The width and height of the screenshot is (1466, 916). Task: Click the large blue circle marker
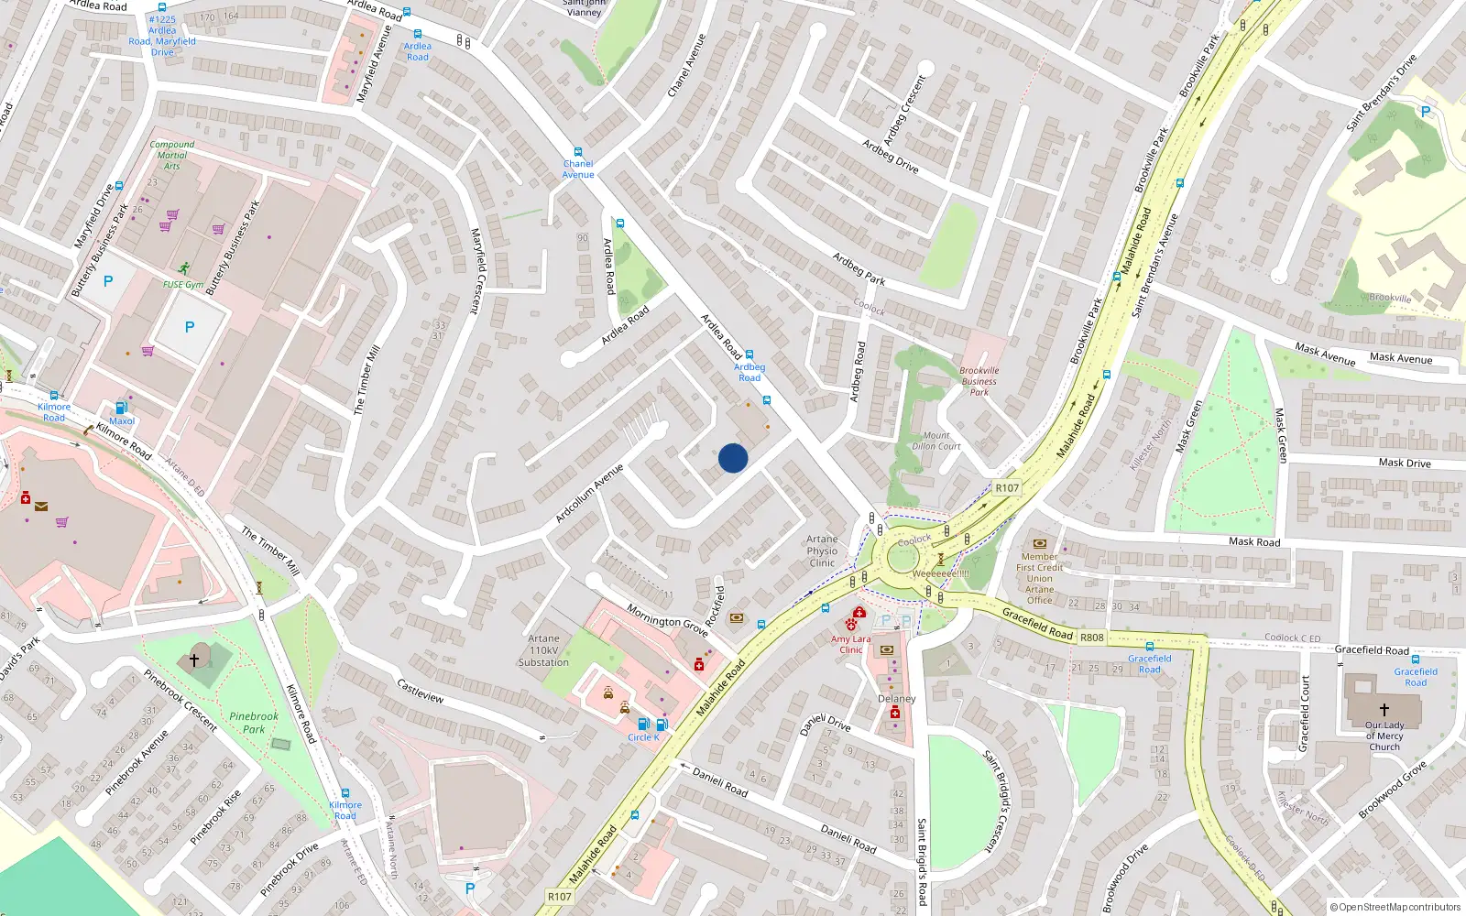[x=733, y=458]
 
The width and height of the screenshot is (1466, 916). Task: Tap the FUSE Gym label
[x=183, y=285]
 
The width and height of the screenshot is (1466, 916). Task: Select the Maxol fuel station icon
[x=121, y=408]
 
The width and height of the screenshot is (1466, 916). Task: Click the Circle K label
[x=643, y=737]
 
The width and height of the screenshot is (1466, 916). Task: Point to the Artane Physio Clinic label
[x=822, y=551]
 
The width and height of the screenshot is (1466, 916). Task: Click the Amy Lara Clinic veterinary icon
[x=851, y=626]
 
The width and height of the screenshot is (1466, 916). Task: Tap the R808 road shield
[x=1092, y=638]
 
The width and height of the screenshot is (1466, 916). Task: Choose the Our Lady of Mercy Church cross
[x=1384, y=709]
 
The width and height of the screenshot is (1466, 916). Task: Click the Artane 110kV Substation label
[x=543, y=650]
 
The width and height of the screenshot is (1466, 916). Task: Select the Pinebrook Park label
[x=254, y=723]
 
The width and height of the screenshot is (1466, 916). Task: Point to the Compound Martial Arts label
[x=172, y=155]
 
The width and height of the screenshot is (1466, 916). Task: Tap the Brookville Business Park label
[x=979, y=381]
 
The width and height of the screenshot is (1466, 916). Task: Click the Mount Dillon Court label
[x=936, y=441]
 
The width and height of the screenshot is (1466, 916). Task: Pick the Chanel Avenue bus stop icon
[x=578, y=152]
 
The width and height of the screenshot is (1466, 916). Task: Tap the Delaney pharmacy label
[x=896, y=699]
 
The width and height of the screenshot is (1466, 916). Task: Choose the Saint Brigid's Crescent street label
[x=994, y=801]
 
